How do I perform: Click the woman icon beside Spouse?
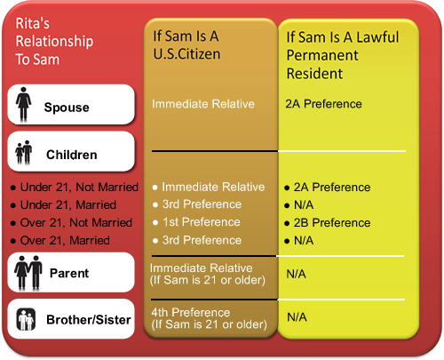pos(23,104)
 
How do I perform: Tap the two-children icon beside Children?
pos(24,152)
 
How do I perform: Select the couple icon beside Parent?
pos(28,273)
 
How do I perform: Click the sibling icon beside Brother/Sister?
pos(26,319)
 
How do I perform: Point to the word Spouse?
pos(67,108)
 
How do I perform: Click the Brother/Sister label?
pos(89,320)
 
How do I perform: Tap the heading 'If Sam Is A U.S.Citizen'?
pos(186,45)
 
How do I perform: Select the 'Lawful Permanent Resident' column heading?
pos(343,55)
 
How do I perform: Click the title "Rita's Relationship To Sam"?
pos(54,41)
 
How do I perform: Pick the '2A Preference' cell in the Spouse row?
pos(323,104)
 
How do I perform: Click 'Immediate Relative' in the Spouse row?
pos(203,104)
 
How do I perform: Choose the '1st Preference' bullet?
pos(202,222)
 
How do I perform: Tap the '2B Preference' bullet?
pos(332,222)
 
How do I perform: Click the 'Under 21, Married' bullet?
pos(68,204)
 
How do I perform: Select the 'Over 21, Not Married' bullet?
pos(76,222)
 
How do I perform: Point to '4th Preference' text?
pos(191,312)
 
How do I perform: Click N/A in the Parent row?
pos(296,274)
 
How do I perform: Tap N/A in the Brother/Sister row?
pos(297,317)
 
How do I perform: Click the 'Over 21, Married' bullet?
pos(65,240)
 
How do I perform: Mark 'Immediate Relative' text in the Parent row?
pos(201,268)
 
